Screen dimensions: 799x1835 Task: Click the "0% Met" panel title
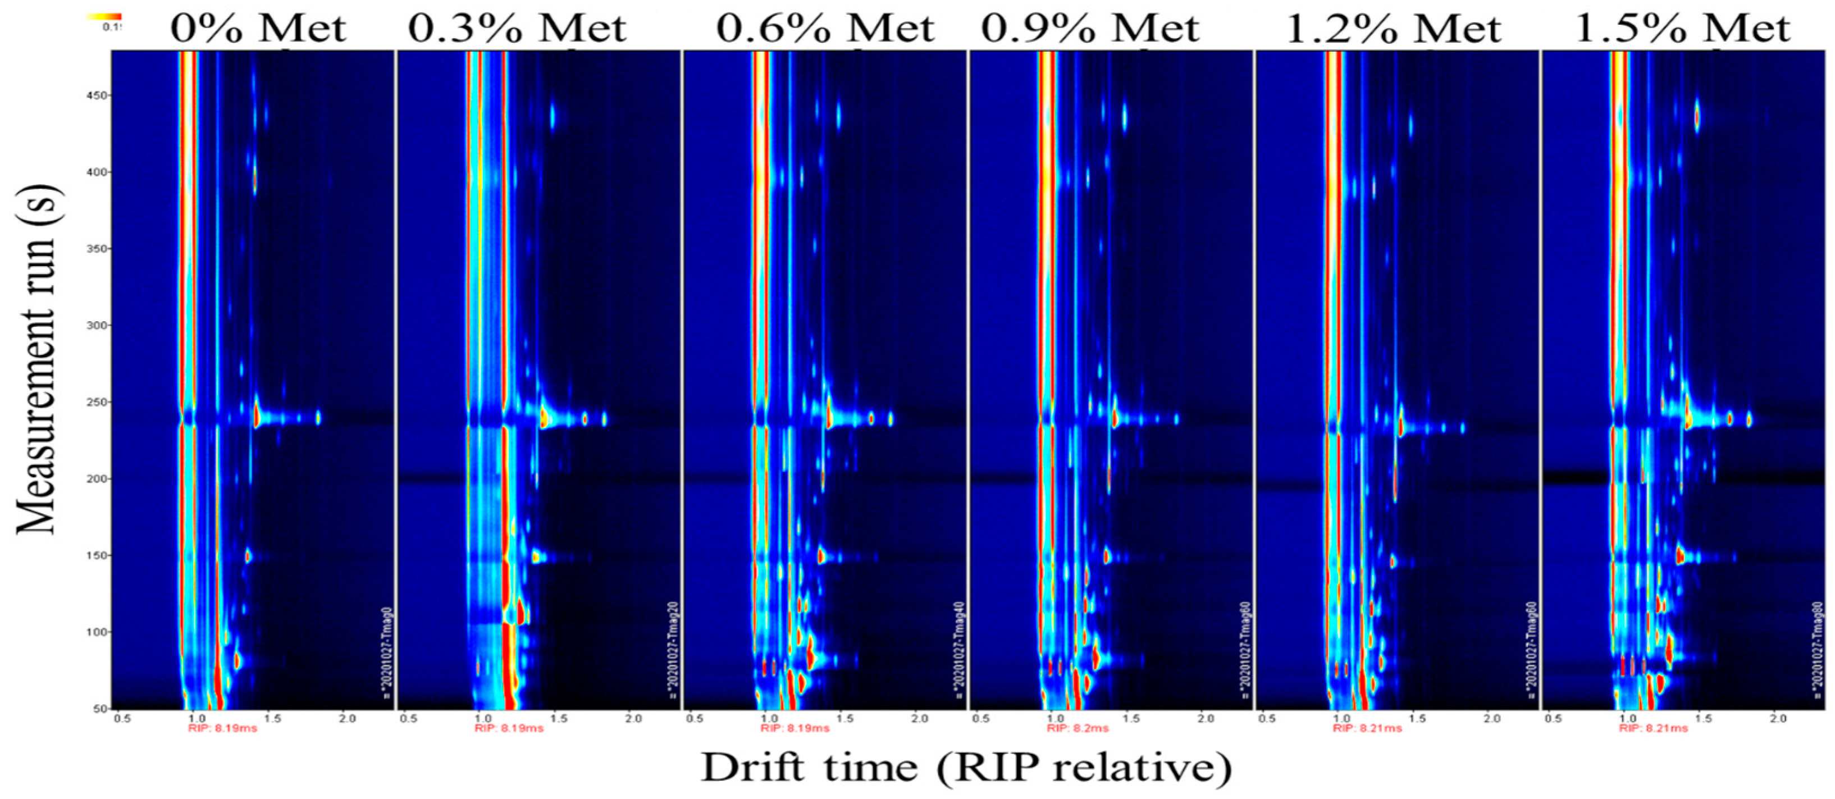click(258, 29)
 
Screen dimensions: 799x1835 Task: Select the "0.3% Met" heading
click(517, 29)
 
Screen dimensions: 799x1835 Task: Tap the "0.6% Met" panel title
click(825, 29)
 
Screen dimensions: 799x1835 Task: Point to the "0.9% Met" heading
click(1090, 29)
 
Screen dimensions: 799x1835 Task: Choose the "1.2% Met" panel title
click(1393, 29)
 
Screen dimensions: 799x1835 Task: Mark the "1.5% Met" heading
click(1682, 29)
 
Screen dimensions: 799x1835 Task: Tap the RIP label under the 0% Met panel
click(222, 728)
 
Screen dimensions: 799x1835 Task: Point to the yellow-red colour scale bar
click(103, 16)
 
